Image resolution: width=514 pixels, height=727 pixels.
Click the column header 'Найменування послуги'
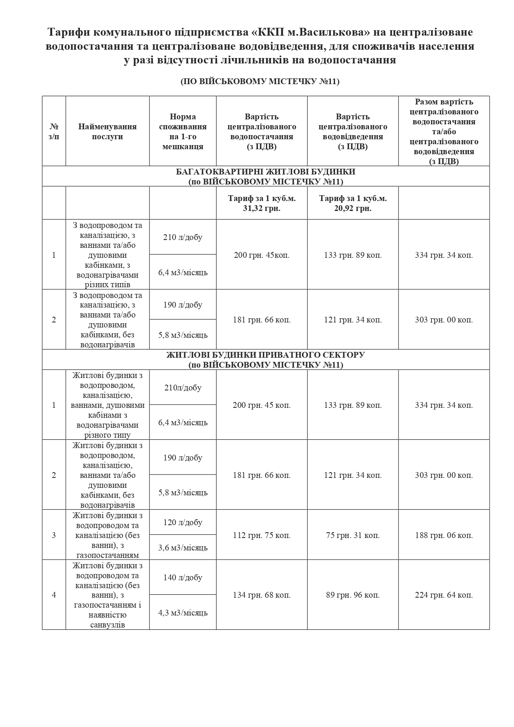[107, 131]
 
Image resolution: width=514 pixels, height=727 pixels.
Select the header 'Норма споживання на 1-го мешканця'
[183, 131]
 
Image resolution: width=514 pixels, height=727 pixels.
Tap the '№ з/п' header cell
[54, 131]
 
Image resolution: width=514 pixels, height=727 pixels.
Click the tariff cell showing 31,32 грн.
[261, 203]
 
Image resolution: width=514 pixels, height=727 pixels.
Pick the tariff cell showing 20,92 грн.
[353, 203]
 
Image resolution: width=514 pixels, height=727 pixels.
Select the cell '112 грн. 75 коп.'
[261, 535]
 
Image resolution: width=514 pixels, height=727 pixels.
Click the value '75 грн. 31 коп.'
[353, 535]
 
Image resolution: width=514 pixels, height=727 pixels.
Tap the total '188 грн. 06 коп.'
[444, 535]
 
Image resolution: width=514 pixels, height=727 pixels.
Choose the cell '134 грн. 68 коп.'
[261, 595]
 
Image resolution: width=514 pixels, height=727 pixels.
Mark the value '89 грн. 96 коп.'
[353, 595]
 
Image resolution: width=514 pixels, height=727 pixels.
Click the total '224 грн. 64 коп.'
[444, 595]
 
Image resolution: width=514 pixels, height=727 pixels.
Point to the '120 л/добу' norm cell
[183, 522]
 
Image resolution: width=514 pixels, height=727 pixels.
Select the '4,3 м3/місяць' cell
[183, 612]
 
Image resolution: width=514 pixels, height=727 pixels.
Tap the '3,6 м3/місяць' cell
[183, 548]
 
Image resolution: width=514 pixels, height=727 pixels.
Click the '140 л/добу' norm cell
[183, 577]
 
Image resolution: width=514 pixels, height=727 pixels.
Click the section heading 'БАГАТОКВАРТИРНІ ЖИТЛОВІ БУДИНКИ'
[265, 172]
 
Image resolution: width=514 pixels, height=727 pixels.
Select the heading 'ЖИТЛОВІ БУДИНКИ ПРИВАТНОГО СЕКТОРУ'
[265, 355]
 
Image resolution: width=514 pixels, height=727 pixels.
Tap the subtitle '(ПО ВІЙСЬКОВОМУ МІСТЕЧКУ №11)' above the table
[260, 82]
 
